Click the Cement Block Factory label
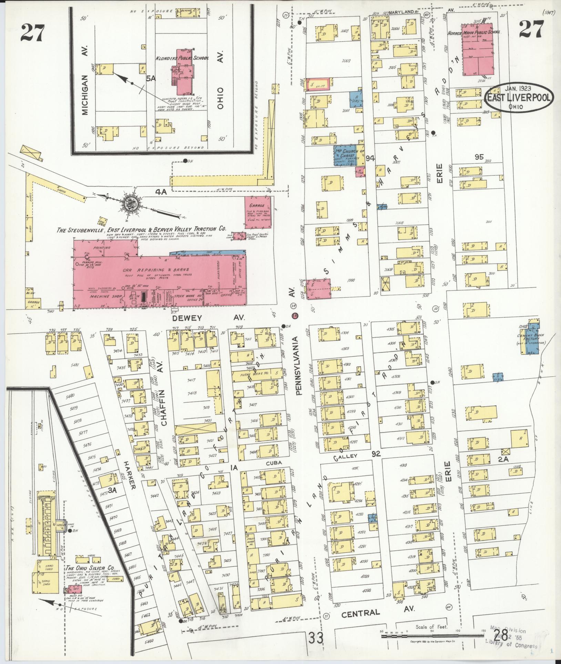[x=532, y=338]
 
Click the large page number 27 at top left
[x=32, y=33]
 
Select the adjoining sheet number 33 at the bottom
[x=316, y=638]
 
